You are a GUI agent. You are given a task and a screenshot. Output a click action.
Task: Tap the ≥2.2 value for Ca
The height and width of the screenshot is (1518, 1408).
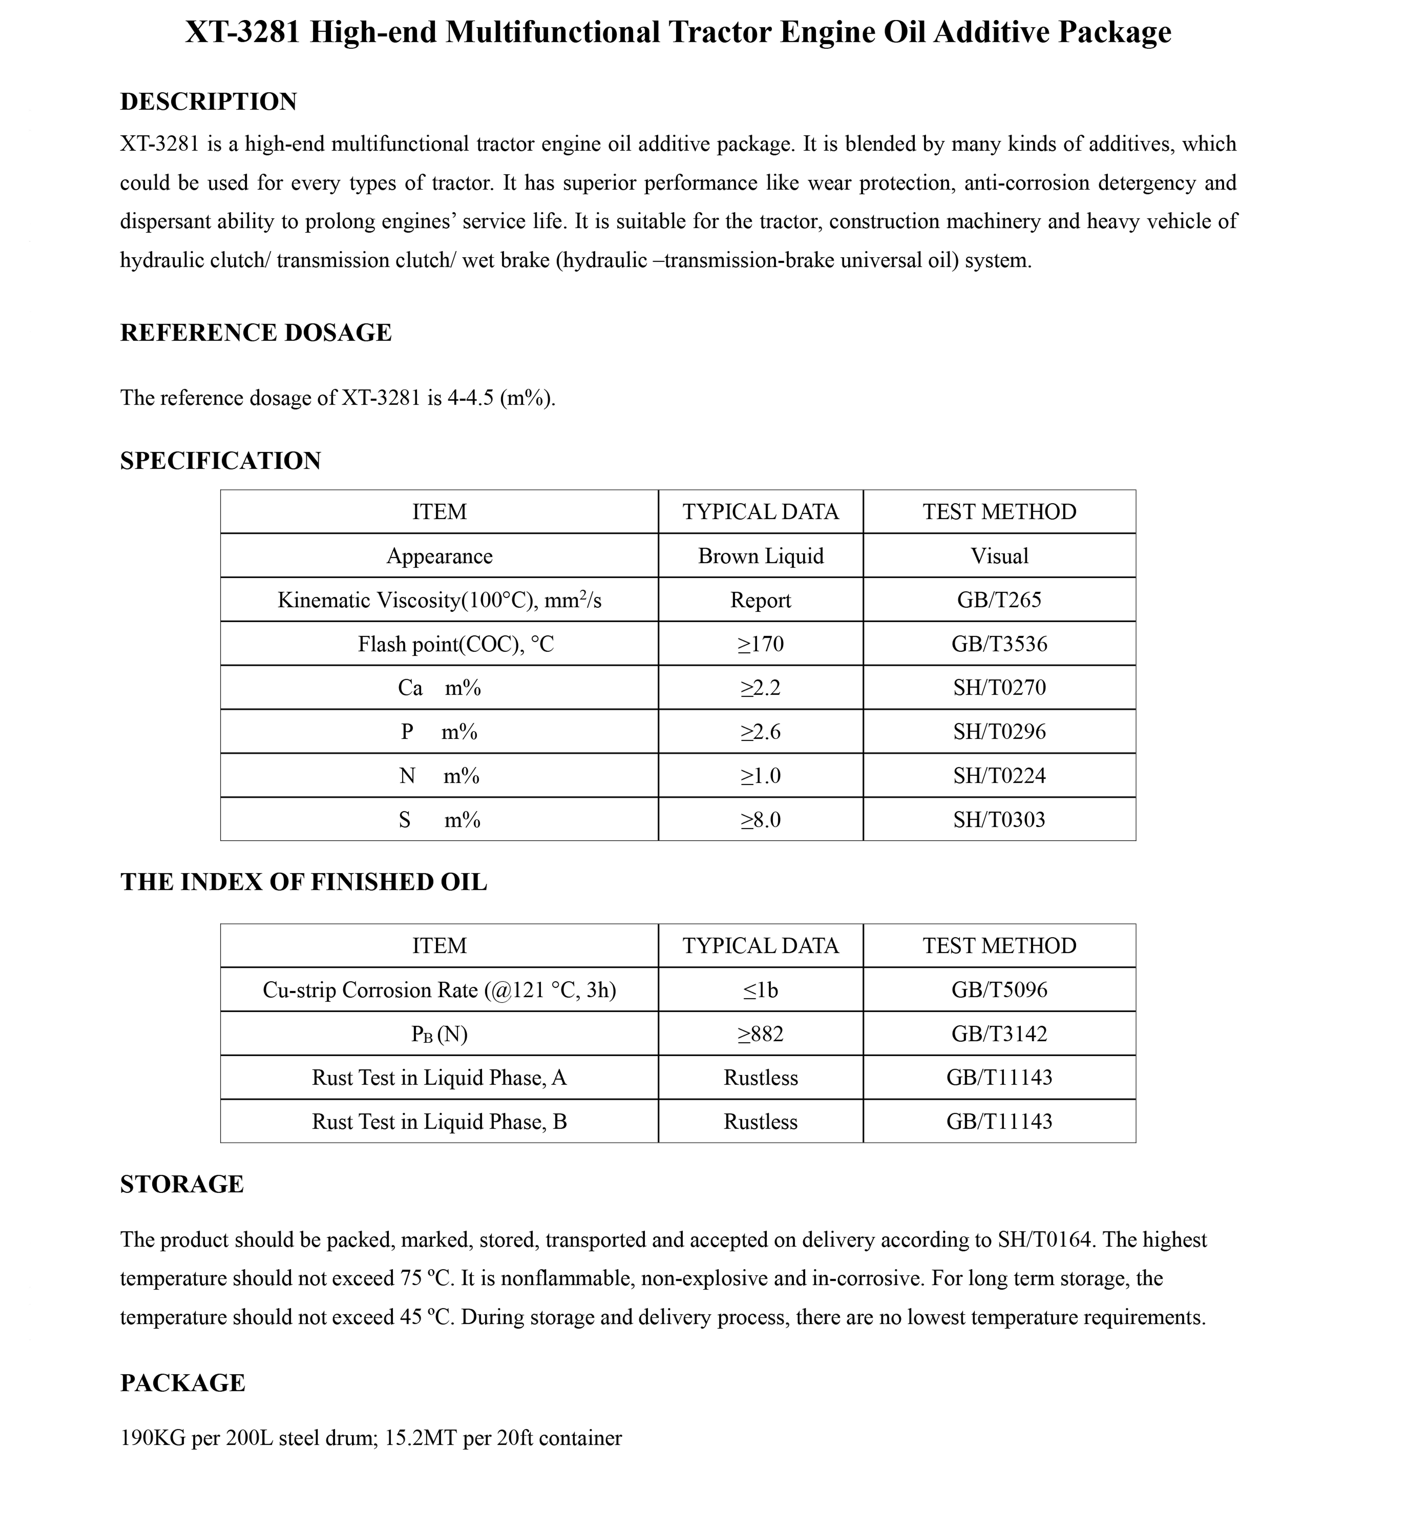pyautogui.click(x=760, y=688)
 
